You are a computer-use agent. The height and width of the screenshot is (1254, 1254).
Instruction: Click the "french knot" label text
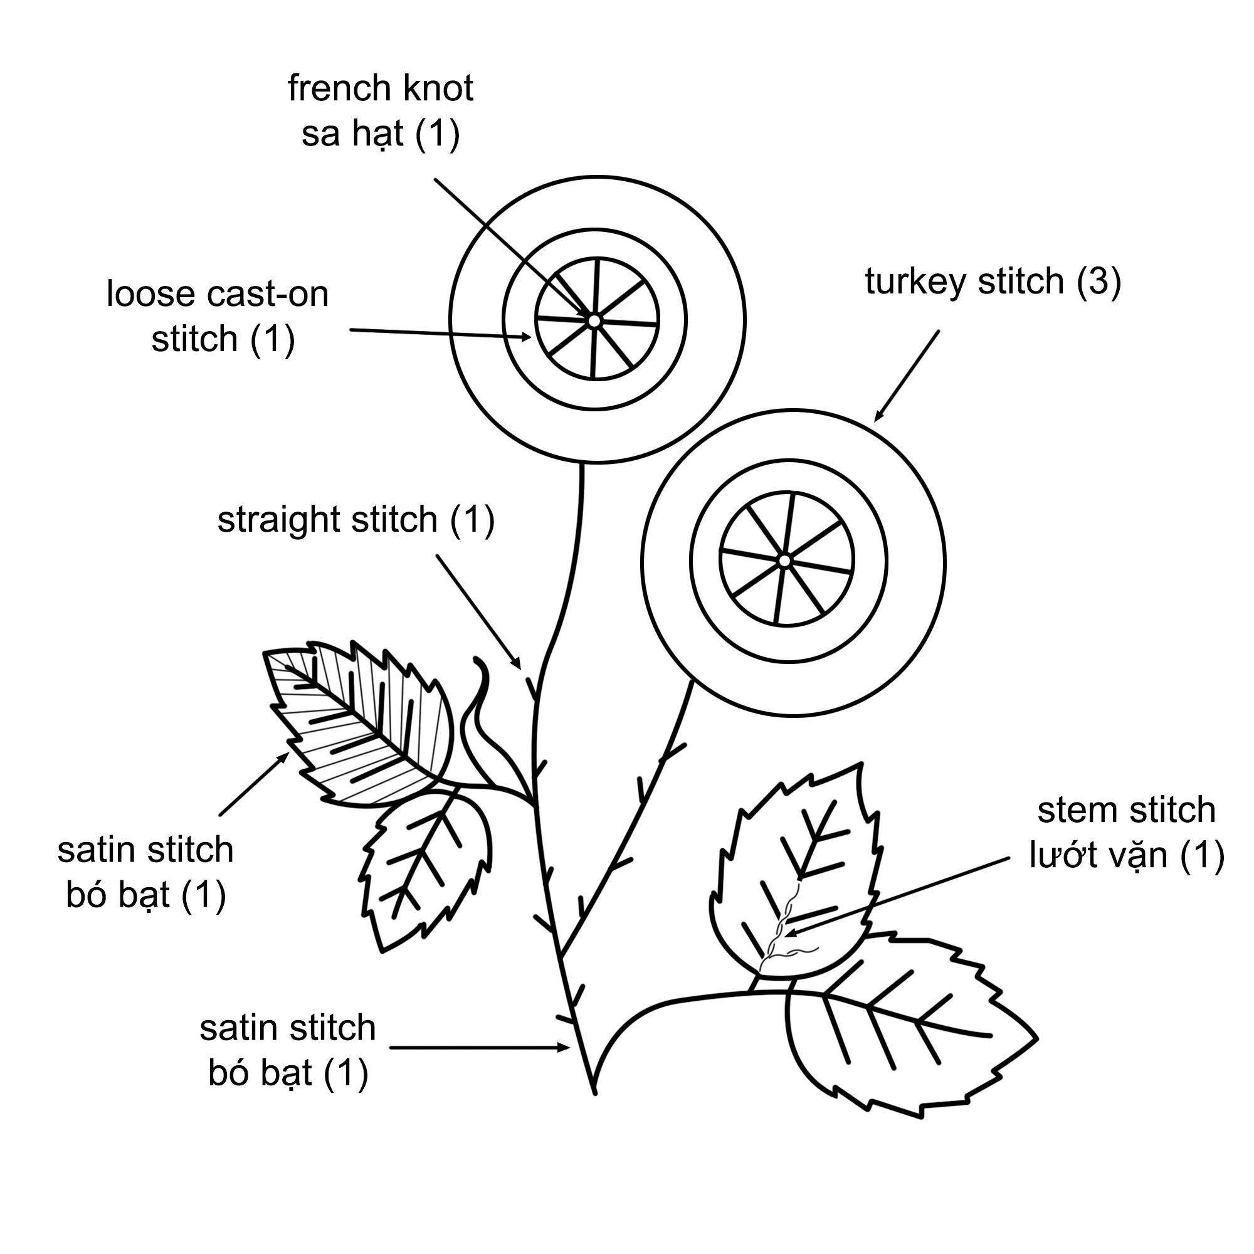[381, 88]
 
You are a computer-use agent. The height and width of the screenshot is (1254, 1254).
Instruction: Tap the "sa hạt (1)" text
[381, 134]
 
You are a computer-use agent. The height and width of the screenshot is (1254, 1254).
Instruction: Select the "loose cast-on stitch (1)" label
[218, 316]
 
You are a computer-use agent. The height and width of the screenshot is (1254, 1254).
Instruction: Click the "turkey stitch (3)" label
[993, 282]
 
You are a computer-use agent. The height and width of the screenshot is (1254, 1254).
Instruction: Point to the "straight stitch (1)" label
[356, 520]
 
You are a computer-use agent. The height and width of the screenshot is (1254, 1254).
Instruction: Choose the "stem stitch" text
[1126, 810]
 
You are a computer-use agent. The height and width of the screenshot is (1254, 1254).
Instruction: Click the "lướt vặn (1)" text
[1126, 855]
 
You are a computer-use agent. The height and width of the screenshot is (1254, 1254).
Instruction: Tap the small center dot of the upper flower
[594, 320]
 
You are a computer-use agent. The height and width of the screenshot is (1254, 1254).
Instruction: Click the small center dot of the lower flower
[785, 560]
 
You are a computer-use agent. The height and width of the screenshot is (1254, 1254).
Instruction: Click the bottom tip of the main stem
[594, 1092]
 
